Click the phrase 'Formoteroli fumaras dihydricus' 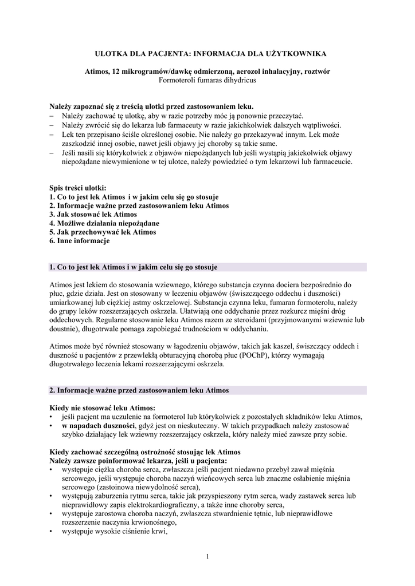coord(207,80)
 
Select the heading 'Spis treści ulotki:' coord(77,187)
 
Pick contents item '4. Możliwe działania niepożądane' coord(104,223)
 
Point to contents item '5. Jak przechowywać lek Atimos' coord(103,232)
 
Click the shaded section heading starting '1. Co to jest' coord(134,267)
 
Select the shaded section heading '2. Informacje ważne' coord(139,390)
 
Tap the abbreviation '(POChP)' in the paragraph coord(233,355)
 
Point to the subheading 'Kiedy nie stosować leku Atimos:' coord(102,408)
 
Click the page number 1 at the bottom coord(207,556)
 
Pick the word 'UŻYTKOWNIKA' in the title coord(297,53)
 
